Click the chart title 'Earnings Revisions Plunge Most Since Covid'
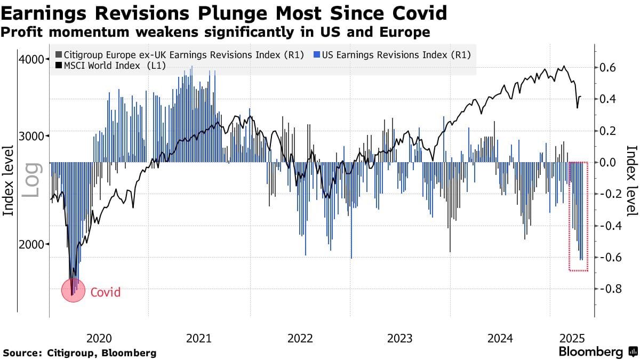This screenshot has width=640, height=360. [224, 12]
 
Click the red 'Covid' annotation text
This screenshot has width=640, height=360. [105, 292]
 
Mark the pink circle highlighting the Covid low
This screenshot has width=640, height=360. [73, 290]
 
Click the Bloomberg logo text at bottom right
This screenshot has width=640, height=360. [590, 352]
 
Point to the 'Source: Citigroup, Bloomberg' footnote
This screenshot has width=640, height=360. [80, 353]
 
